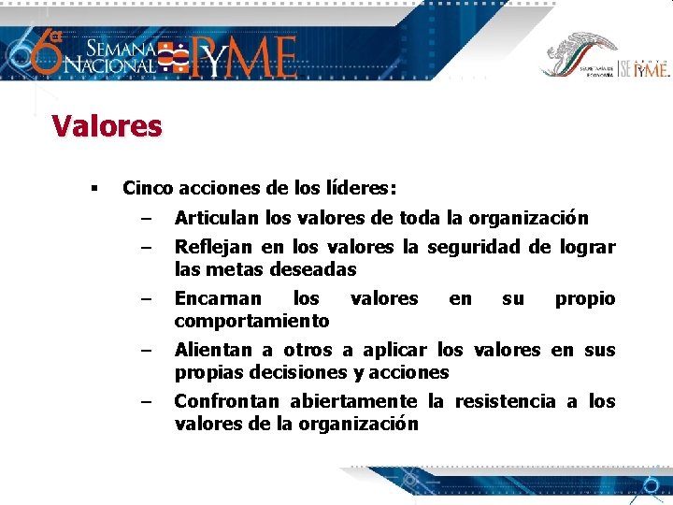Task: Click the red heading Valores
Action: tap(107, 125)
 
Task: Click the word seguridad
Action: tap(473, 247)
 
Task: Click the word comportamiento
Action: tap(251, 321)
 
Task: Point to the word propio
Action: tap(585, 298)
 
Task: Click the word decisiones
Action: tap(294, 372)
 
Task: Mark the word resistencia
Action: tap(505, 401)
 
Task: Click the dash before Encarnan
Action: tap(146, 299)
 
